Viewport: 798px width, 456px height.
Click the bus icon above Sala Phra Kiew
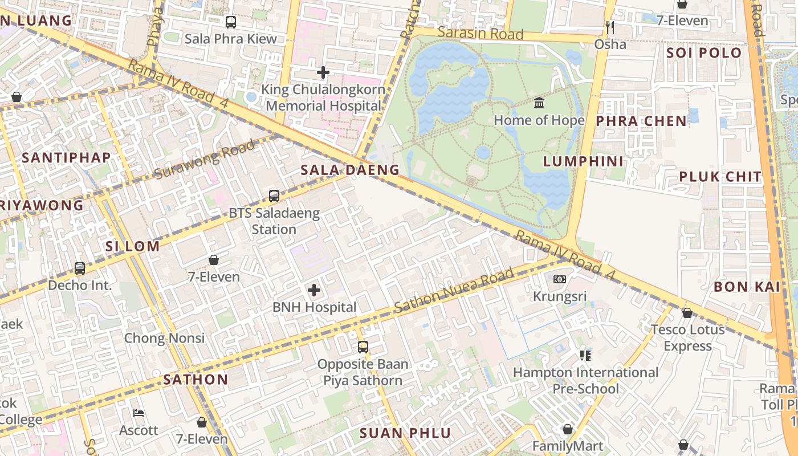click(230, 22)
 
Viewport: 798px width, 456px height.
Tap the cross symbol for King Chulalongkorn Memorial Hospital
click(323, 72)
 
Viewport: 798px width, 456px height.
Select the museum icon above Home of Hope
click(539, 103)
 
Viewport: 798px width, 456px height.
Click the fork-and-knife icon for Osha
click(610, 27)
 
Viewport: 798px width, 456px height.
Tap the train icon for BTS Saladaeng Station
click(274, 196)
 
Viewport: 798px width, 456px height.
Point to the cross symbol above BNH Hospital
click(314, 290)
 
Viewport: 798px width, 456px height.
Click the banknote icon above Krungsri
click(560, 279)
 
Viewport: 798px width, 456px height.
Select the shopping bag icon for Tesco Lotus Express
click(687, 312)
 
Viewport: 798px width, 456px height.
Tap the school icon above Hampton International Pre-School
click(585, 356)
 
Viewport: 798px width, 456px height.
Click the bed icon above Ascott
click(139, 413)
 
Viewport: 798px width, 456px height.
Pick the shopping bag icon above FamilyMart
click(568, 429)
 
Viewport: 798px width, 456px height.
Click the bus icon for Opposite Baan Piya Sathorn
click(363, 347)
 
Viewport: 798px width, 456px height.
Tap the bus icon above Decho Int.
click(80, 268)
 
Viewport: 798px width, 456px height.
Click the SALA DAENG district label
click(350, 170)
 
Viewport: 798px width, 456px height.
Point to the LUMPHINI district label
click(583, 161)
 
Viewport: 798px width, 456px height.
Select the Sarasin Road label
click(481, 34)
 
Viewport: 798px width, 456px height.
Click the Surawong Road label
click(205, 159)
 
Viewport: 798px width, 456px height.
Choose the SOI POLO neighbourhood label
click(705, 54)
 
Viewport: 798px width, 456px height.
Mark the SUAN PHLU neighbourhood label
click(405, 433)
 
